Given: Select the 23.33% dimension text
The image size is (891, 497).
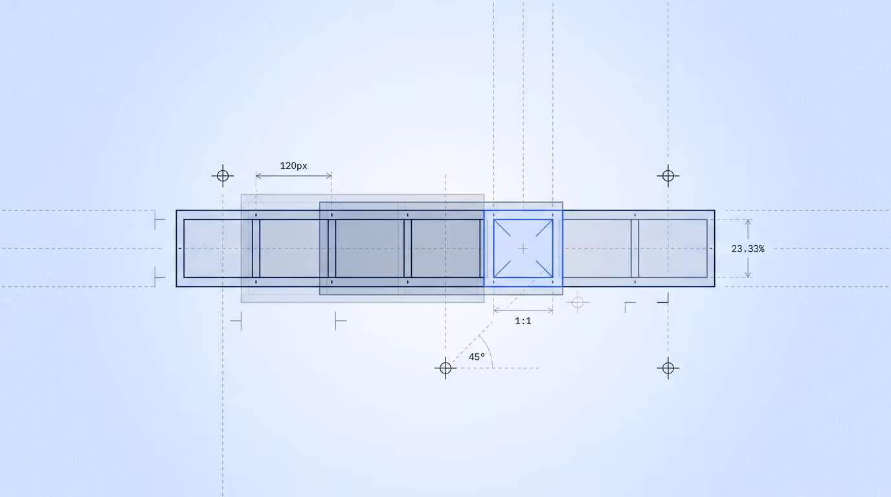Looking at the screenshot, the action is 748,249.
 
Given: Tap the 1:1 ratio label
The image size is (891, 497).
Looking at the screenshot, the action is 523,321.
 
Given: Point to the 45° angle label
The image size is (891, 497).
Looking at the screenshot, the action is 477,357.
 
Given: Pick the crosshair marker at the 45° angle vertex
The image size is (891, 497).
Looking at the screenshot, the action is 445,368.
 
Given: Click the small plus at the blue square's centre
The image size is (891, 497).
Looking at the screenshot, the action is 523,249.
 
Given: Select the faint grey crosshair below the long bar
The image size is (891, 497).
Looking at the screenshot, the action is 578,303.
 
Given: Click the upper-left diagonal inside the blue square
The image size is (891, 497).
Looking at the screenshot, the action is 502,228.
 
